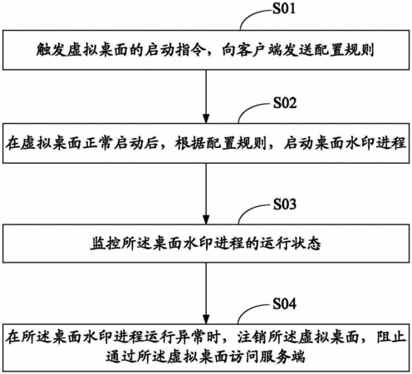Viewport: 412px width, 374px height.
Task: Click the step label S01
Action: [x=284, y=8]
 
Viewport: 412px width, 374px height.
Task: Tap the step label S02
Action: [x=285, y=103]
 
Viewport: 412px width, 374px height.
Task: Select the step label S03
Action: [x=285, y=204]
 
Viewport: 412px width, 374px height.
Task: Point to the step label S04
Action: [x=285, y=303]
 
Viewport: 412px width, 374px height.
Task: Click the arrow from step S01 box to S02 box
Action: [x=206, y=96]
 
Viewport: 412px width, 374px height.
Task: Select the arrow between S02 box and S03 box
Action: [x=206, y=194]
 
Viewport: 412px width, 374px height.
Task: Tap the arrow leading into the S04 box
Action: [x=206, y=293]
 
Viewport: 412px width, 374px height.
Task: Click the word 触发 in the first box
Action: [x=51, y=50]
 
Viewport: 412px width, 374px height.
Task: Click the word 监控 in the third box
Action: [x=105, y=244]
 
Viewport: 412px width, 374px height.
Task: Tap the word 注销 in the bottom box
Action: [x=252, y=337]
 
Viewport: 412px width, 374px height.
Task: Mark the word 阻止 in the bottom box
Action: [x=391, y=337]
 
